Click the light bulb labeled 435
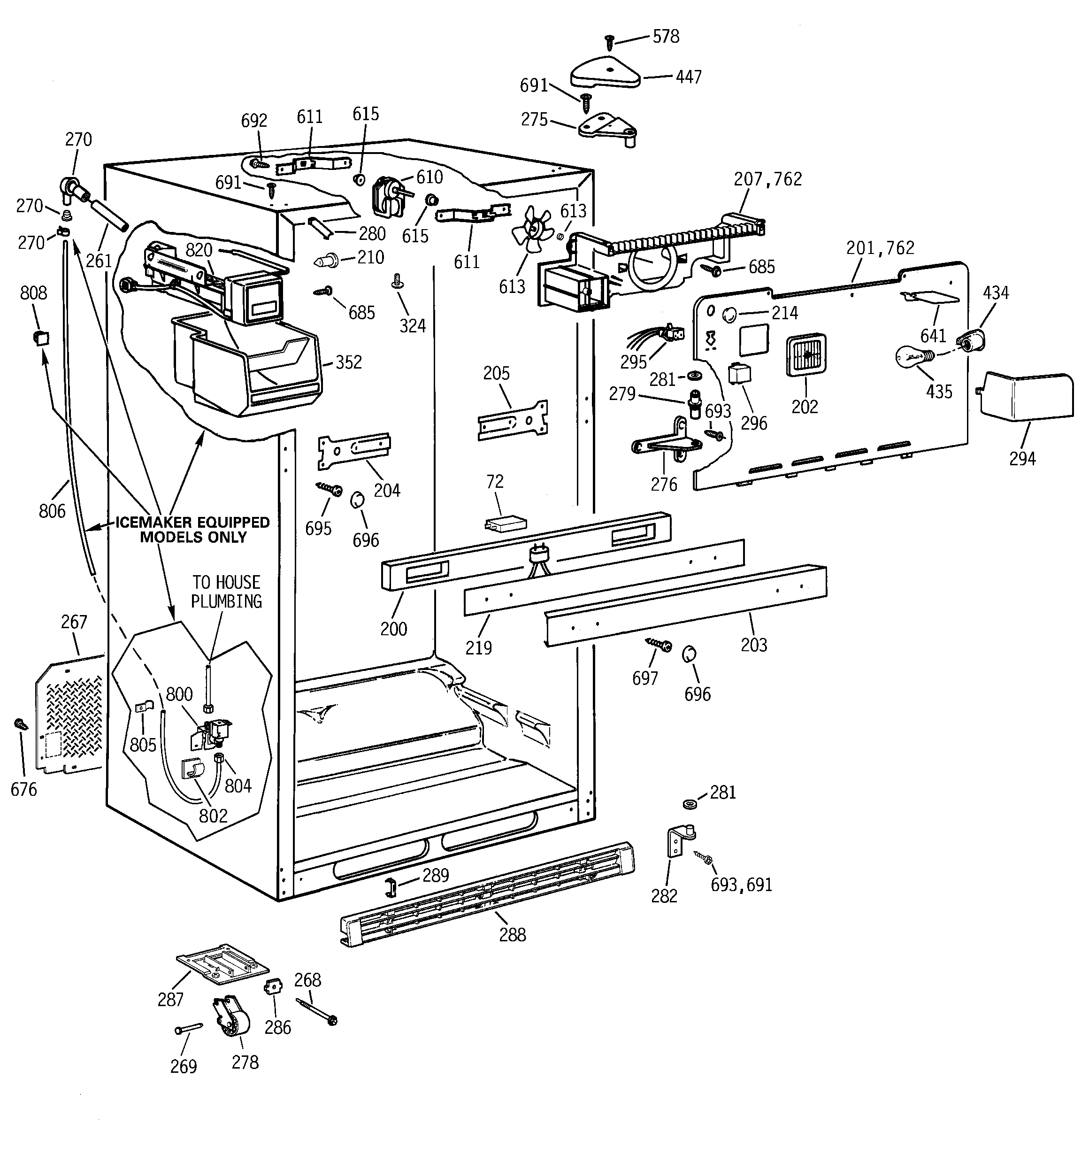(x=913, y=356)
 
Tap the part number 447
(x=688, y=77)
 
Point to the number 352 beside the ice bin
(x=348, y=362)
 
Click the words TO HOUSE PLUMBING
(x=226, y=592)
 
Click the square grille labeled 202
(x=806, y=355)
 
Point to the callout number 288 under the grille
(x=512, y=935)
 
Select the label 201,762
(x=880, y=248)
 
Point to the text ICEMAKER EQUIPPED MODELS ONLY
(x=193, y=530)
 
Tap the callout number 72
(x=495, y=482)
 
